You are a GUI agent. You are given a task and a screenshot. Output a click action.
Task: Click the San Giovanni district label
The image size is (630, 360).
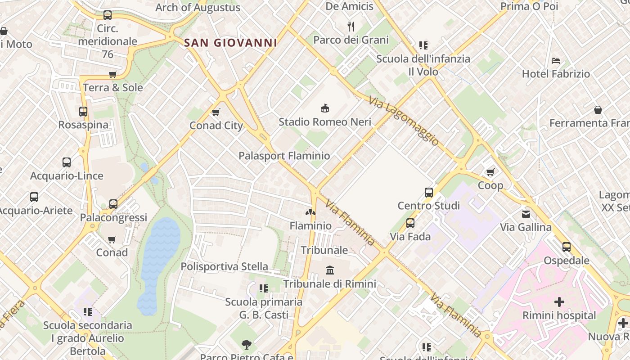click(x=230, y=43)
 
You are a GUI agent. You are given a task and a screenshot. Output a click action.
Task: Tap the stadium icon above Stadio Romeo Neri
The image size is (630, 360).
click(x=324, y=108)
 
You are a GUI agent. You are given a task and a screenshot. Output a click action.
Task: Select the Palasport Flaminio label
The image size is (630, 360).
click(x=284, y=156)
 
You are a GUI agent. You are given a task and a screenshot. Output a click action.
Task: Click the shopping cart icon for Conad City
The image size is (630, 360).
click(x=216, y=112)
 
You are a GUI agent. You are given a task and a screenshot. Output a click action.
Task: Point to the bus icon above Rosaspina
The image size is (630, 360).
click(x=83, y=111)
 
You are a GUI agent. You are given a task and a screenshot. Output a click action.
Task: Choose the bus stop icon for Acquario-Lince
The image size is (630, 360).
click(x=67, y=162)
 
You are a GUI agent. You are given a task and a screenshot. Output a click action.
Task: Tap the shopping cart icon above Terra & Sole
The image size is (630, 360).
click(x=112, y=75)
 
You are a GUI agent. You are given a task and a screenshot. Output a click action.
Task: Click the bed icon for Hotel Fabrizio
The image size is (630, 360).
click(x=556, y=61)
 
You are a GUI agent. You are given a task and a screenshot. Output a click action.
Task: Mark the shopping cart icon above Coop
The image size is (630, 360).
click(x=490, y=172)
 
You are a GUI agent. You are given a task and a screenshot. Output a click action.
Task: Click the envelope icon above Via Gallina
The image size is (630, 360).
click(x=526, y=214)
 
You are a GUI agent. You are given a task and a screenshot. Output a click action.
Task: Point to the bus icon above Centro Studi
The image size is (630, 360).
click(x=429, y=193)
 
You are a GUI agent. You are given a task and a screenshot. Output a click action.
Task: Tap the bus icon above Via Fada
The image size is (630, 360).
click(x=410, y=223)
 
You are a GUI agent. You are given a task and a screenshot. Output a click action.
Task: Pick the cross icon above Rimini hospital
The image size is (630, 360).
click(x=559, y=302)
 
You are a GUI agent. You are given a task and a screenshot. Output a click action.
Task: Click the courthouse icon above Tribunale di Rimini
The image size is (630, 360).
click(x=330, y=270)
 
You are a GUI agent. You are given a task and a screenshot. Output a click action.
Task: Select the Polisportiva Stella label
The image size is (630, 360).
click(x=224, y=266)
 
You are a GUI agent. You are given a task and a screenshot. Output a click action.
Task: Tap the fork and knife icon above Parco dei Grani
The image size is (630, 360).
click(x=351, y=26)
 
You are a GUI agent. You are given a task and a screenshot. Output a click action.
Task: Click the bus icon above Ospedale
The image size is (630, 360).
click(x=566, y=247)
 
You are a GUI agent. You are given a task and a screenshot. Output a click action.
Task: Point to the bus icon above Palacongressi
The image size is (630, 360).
click(x=113, y=204)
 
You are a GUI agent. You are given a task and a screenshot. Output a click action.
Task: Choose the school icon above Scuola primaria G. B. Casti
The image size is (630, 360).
click(x=263, y=288)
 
